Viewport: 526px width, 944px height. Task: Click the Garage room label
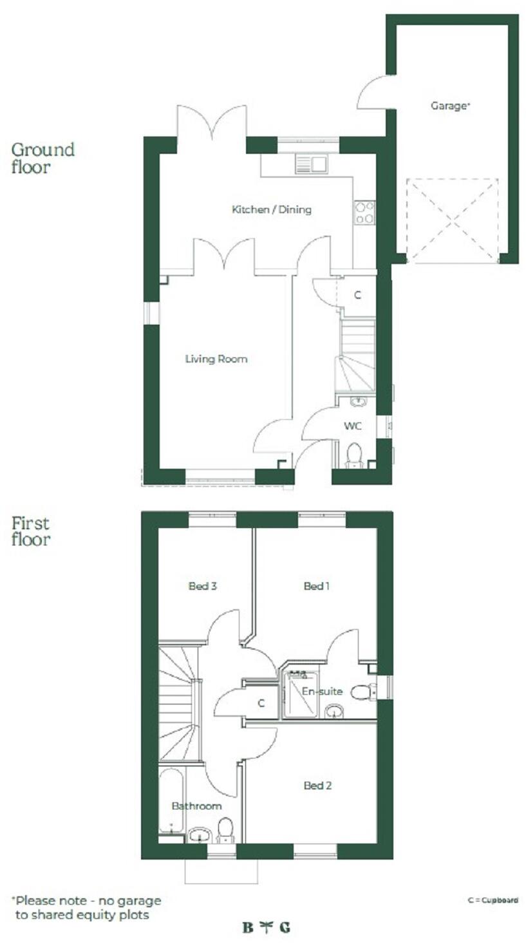tap(450, 106)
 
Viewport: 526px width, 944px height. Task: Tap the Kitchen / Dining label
tap(271, 209)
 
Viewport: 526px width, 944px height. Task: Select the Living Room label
tap(216, 359)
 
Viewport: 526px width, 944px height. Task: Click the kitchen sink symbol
tap(311, 164)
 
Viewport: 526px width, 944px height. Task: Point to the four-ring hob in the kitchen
tap(364, 212)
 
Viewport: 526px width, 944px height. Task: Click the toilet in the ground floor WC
tap(354, 455)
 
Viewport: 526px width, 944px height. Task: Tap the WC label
tap(352, 426)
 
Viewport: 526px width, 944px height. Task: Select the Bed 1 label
tap(316, 586)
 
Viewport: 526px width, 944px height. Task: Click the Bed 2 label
tap(317, 786)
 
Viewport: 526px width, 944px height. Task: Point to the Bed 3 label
tap(202, 586)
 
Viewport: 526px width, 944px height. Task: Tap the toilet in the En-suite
tap(364, 692)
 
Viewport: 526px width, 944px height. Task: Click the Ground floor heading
tap(42, 158)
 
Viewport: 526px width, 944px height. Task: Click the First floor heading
tap(30, 531)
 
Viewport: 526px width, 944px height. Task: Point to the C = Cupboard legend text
tap(493, 900)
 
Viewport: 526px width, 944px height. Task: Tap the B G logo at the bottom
tap(266, 928)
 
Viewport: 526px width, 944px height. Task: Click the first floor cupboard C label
tap(261, 704)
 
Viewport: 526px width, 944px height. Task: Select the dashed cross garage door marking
tap(453, 220)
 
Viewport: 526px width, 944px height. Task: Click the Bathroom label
tap(196, 806)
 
